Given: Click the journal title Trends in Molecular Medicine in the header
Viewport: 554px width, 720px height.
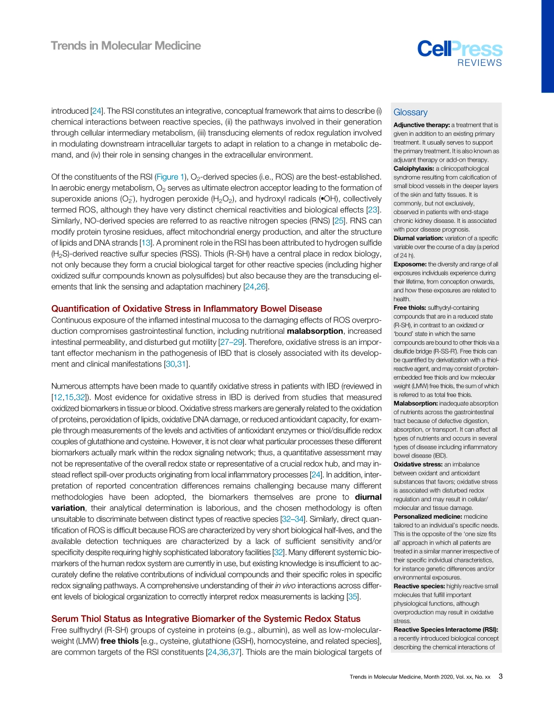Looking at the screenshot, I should pos(126,46).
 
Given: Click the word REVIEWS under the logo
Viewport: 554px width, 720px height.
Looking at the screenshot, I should pos(479,63).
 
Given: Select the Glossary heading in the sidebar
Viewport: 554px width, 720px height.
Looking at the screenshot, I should pos(410,113).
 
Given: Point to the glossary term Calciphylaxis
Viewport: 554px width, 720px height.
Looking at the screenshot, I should pos(413,169).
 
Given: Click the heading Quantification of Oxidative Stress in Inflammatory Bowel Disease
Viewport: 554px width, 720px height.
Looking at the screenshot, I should pos(187,309).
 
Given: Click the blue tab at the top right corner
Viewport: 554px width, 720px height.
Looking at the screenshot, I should pos(548,46).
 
